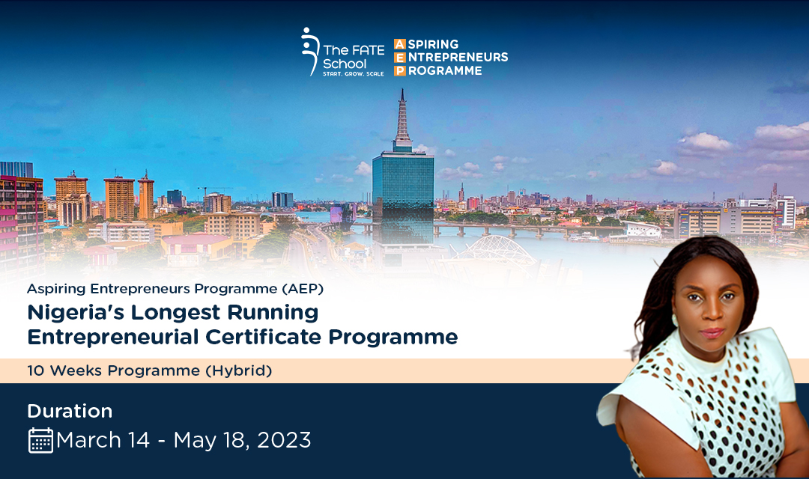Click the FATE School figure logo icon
[309, 51]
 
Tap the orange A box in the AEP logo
[400, 44]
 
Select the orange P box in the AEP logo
[400, 70]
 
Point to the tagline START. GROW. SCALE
[354, 74]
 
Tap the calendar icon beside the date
[40, 440]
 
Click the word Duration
[70, 411]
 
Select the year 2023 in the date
[284, 440]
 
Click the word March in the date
[88, 440]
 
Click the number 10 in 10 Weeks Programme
[36, 370]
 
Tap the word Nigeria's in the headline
[73, 312]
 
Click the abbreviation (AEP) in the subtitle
[303, 289]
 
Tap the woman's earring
[675, 320]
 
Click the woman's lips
[712, 332]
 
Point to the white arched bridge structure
[496, 248]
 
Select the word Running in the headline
[273, 312]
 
